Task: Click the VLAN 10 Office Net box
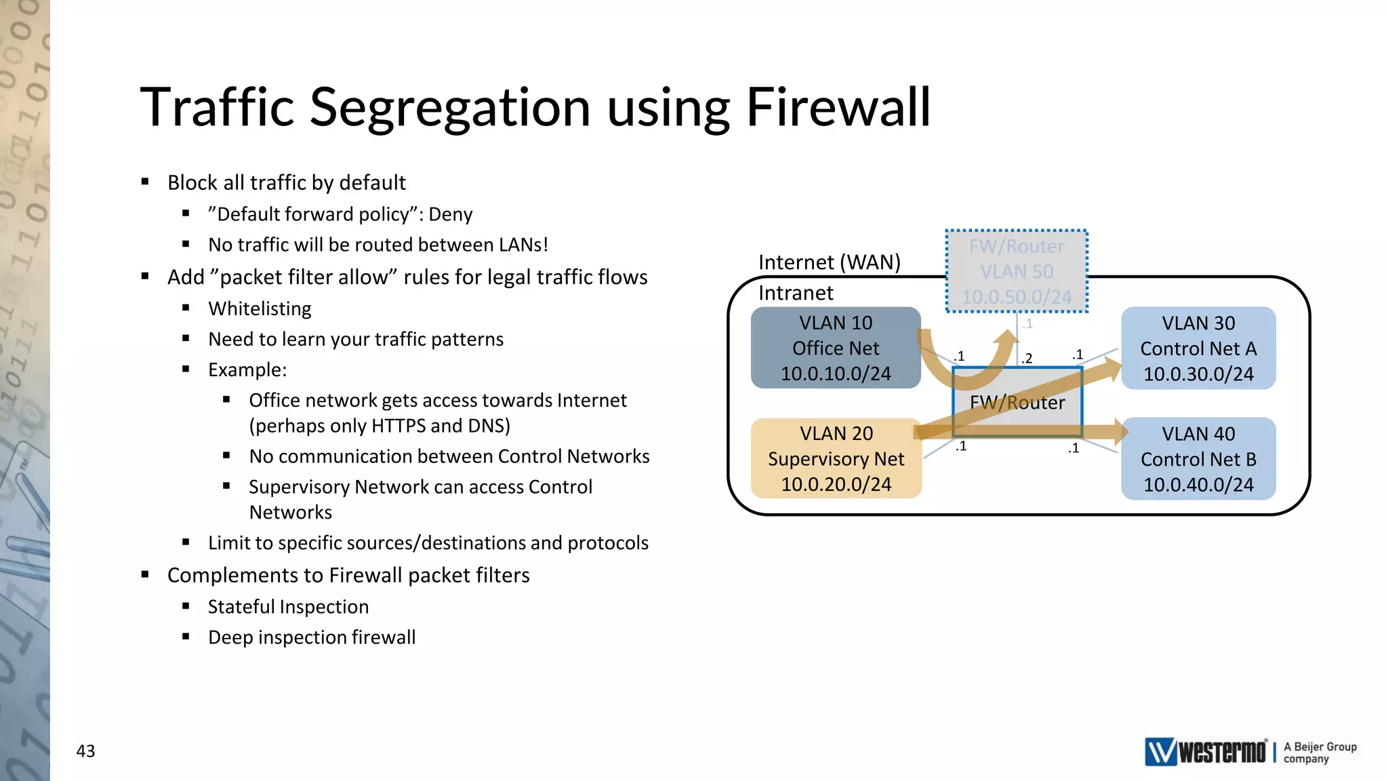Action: pos(835,348)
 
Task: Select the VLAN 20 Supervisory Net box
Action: pos(836,459)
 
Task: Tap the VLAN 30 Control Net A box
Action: pos(1198,348)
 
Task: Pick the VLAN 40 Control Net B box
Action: pos(1198,459)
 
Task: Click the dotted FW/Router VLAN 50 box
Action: pos(1017,271)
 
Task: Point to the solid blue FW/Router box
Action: pos(1017,403)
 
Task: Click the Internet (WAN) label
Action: pos(829,262)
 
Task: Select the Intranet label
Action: pos(796,293)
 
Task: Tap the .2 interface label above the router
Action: pos(1027,358)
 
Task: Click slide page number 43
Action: pos(85,751)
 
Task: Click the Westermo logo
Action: pos(1205,752)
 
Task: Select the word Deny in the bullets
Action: pos(451,214)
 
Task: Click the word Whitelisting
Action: pos(260,308)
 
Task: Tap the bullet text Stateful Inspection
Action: pos(288,607)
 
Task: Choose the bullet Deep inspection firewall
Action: pos(312,637)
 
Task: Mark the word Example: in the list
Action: pos(247,369)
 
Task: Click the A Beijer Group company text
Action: pos(1320,753)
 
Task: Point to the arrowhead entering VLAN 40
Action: pos(1116,431)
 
